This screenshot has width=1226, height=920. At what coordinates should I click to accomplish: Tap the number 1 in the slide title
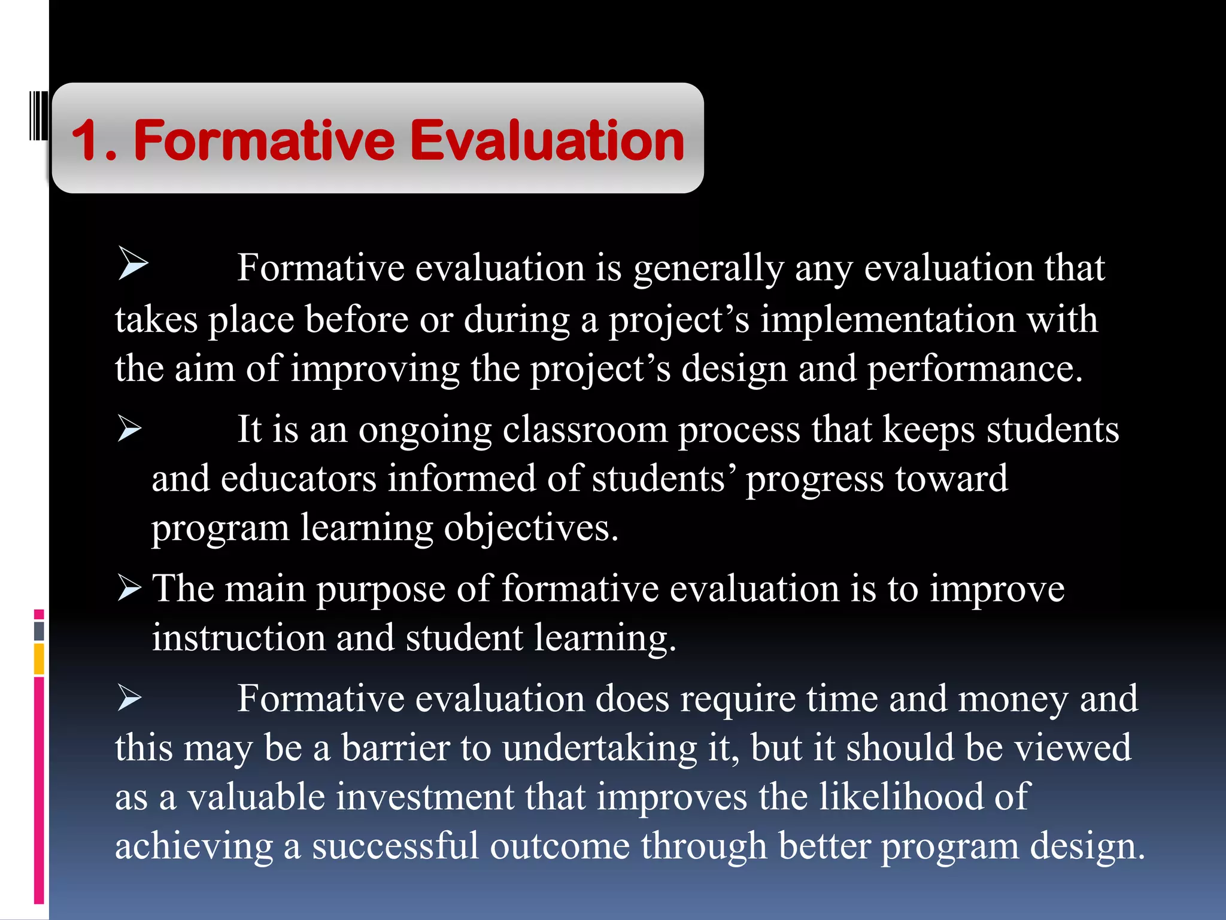(86, 141)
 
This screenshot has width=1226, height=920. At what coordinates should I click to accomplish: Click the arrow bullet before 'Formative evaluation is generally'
(132, 263)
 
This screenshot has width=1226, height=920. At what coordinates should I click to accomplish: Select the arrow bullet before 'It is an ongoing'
(129, 428)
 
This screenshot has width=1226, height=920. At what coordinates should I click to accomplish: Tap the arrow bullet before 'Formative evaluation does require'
(129, 697)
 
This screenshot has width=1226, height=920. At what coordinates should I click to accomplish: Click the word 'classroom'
(584, 429)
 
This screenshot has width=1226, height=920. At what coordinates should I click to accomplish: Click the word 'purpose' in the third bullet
(381, 589)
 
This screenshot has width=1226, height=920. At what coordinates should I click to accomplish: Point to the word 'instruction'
(238, 637)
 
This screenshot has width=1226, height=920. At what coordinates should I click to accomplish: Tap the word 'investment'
(424, 797)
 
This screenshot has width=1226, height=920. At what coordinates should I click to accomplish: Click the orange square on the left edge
(39, 658)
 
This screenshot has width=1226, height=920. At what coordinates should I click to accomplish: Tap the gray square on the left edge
(39, 630)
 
